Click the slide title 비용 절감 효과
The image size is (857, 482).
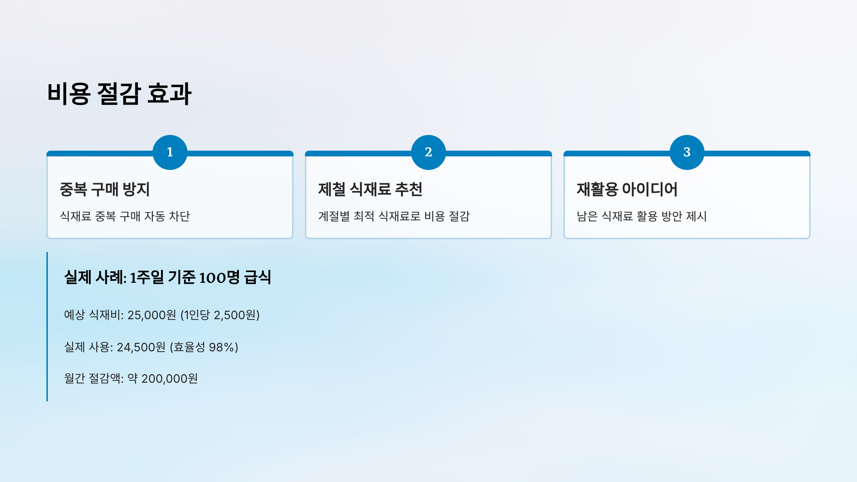[119, 94]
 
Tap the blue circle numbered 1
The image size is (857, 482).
[170, 152]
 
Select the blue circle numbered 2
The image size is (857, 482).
[428, 152]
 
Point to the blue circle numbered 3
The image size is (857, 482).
[687, 152]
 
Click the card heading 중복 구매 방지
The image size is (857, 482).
[105, 189]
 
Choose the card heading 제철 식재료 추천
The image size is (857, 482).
[370, 189]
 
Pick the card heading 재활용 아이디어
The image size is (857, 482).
[627, 189]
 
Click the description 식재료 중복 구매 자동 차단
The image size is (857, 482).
[125, 216]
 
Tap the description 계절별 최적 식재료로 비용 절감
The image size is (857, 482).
[394, 216]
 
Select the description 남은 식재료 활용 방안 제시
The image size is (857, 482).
[641, 216]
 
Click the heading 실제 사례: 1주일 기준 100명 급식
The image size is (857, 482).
[167, 277]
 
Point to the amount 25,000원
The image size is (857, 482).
[152, 315]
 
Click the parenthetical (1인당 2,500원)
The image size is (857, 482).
[220, 315]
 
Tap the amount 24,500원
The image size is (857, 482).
[141, 347]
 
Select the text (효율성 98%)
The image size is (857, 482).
[204, 347]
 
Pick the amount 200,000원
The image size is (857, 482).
[170, 378]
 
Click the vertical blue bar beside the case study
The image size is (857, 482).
[47, 327]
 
